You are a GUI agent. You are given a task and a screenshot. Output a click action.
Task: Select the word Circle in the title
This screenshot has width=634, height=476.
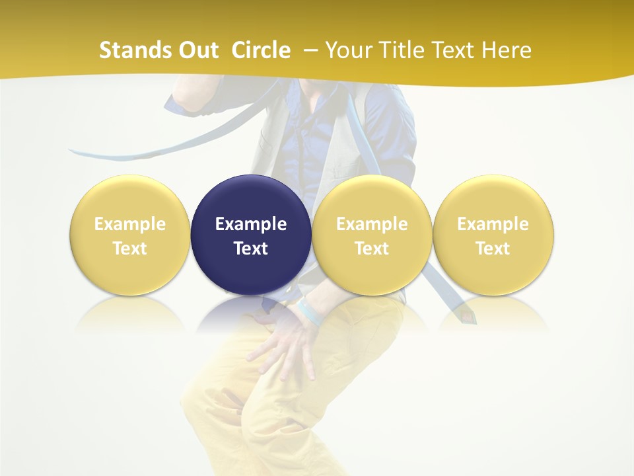(261, 50)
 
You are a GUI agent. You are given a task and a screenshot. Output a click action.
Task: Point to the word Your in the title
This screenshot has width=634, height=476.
(347, 50)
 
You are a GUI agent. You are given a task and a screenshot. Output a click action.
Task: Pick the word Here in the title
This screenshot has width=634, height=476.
(507, 50)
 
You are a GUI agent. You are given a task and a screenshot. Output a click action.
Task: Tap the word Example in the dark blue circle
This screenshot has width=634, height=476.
(251, 224)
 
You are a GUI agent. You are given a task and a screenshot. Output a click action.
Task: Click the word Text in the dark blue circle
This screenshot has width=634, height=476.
(251, 249)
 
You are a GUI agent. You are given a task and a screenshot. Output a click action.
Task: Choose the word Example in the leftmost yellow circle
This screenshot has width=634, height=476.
(130, 224)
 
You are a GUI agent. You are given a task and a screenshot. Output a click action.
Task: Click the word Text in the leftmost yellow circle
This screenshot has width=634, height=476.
(130, 249)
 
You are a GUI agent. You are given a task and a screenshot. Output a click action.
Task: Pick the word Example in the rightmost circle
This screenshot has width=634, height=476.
(493, 224)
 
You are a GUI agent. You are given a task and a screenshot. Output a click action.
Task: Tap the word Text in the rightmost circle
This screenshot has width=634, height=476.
(493, 249)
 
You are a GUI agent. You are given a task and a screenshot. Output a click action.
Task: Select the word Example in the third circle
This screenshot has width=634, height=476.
(372, 224)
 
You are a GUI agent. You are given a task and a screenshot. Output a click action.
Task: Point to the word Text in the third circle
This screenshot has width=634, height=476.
(372, 249)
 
